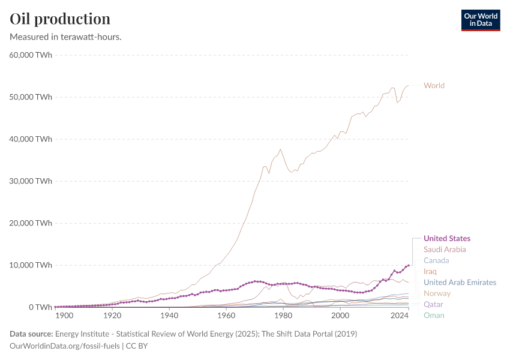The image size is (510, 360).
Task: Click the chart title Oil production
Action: (x=60, y=19)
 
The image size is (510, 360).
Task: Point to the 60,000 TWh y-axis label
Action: (x=31, y=55)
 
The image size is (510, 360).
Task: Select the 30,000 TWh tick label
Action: (x=31, y=181)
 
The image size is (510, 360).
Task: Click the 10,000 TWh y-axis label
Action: (x=31, y=265)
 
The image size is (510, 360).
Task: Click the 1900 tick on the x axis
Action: (x=64, y=316)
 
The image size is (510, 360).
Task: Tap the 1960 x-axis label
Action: (x=226, y=316)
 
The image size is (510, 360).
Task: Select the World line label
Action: (x=434, y=85)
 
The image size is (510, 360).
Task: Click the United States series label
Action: (x=446, y=238)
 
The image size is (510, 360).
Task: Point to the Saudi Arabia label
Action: (x=445, y=249)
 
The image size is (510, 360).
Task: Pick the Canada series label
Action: (x=436, y=260)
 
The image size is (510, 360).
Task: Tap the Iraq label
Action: (x=430, y=271)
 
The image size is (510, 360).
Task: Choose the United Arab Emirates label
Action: (x=460, y=282)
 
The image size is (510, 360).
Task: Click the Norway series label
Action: (x=437, y=293)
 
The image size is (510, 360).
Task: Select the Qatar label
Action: (x=433, y=304)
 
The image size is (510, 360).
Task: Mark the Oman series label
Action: (x=434, y=315)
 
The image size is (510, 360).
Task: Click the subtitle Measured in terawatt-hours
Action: (x=66, y=37)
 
